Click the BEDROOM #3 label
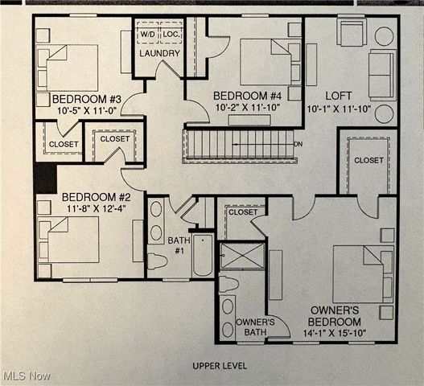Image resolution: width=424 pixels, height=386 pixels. point(77,92)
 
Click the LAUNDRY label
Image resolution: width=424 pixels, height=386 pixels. point(159,54)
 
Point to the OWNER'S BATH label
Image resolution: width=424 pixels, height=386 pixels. point(255,327)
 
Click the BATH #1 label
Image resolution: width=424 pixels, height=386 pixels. point(179,244)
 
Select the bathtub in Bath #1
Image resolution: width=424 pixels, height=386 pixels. point(203,256)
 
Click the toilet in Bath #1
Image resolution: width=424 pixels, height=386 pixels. point(157,261)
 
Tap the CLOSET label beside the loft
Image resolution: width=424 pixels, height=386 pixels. point(368,160)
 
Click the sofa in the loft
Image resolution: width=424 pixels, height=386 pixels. point(381,74)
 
